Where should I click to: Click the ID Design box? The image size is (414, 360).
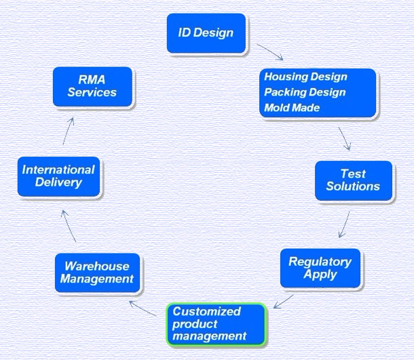(206, 33)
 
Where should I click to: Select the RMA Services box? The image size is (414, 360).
(92, 87)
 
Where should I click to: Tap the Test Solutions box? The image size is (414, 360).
(354, 180)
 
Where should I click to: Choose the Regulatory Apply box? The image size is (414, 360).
(320, 268)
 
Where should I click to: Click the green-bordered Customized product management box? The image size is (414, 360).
(217, 324)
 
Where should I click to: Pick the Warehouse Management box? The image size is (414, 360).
(97, 273)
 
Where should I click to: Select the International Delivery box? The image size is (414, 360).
(58, 176)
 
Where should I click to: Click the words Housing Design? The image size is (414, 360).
(305, 77)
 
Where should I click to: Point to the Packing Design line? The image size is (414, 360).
(305, 92)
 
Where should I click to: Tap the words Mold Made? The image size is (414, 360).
(292, 108)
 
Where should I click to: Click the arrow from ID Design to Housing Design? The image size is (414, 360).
(270, 52)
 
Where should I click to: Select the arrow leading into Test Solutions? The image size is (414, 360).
(345, 139)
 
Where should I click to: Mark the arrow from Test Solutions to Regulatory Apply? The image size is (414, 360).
(344, 224)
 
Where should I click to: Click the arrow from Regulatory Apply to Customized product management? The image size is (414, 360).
(283, 302)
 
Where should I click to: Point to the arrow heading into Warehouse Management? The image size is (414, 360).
(143, 308)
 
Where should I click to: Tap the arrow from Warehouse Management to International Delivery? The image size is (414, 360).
(69, 226)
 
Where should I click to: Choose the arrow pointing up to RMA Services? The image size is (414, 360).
(68, 132)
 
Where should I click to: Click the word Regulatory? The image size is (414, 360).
(320, 262)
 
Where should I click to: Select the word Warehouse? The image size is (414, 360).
(97, 266)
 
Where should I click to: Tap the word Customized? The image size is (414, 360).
(207, 311)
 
